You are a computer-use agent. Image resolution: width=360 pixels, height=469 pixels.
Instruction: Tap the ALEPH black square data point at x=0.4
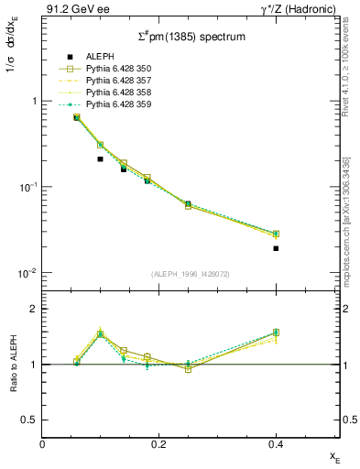276,248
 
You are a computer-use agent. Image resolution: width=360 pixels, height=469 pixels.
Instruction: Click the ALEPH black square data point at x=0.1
101,158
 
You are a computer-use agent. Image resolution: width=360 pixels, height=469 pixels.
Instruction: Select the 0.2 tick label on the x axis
158,444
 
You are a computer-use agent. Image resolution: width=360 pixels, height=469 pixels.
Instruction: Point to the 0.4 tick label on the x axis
276,444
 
